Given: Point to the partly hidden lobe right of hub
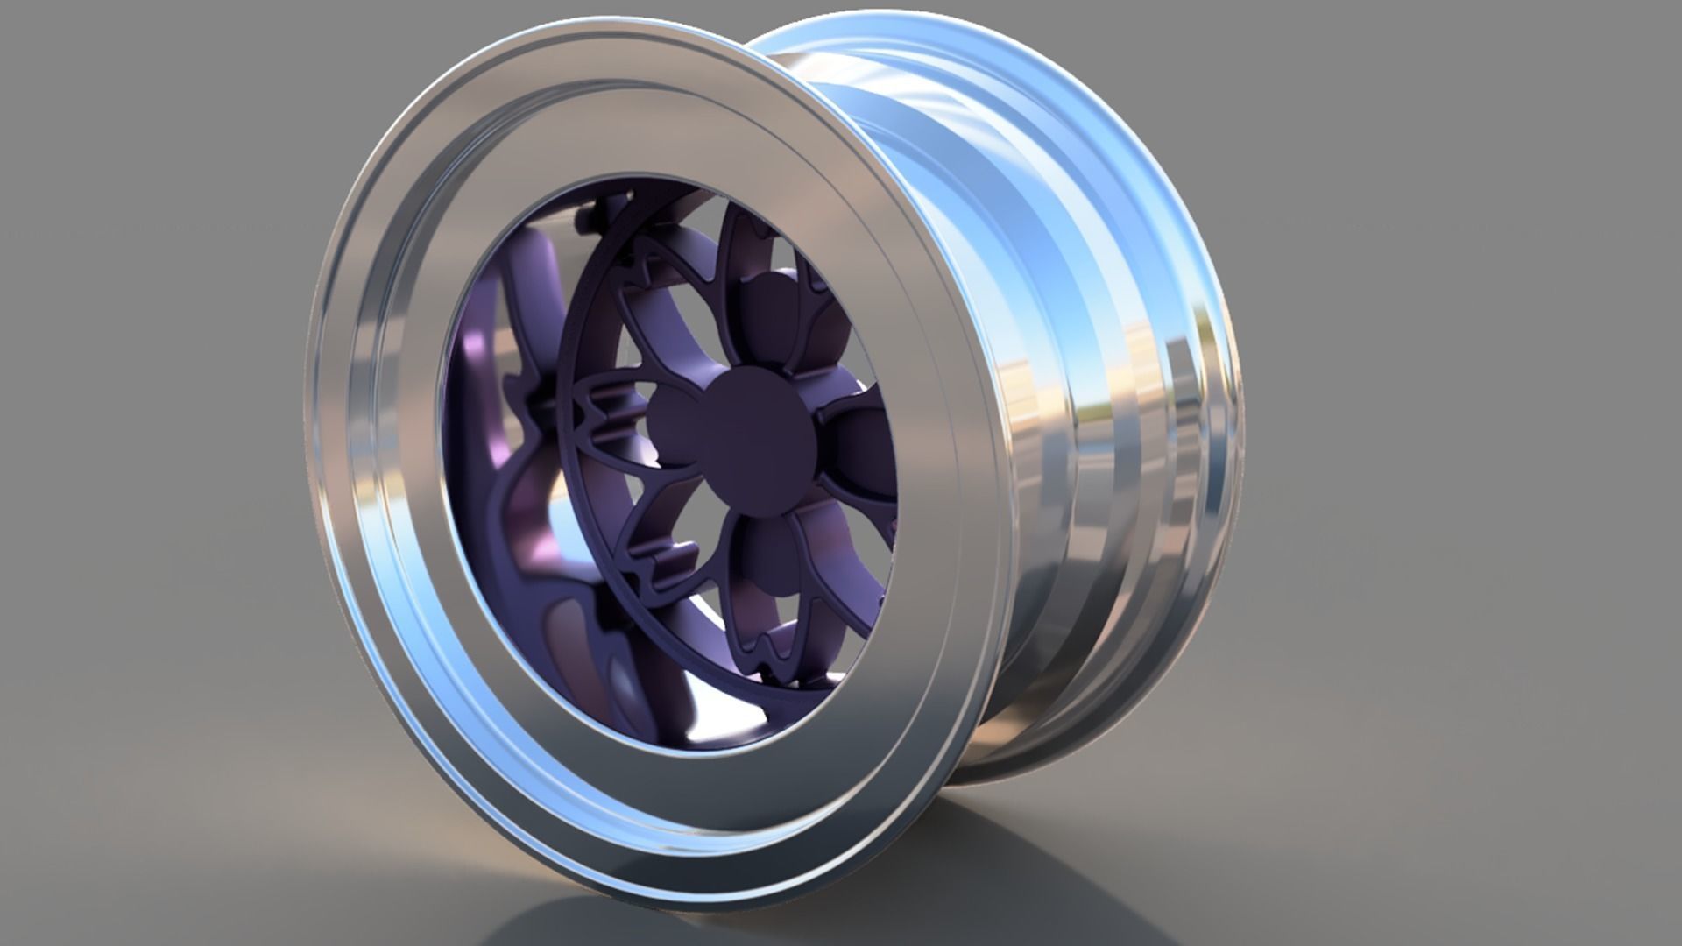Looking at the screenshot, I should click(x=863, y=438).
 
